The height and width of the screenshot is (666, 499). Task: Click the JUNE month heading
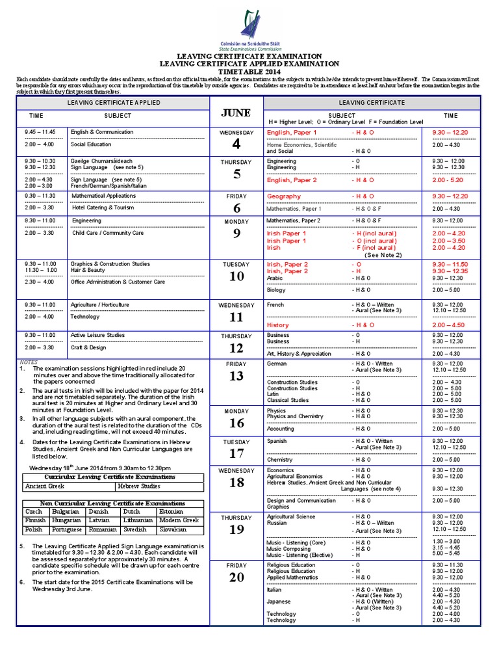tap(236, 113)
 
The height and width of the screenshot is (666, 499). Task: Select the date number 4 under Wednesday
tap(236, 144)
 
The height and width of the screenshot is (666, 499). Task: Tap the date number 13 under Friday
tap(236, 376)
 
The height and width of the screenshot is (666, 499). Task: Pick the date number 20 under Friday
tap(236, 577)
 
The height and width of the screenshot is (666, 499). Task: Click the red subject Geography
tap(284, 196)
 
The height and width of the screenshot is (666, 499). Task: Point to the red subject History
tap(278, 325)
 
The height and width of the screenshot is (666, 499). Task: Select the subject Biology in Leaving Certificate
tap(276, 290)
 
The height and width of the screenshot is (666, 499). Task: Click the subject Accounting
tap(281, 429)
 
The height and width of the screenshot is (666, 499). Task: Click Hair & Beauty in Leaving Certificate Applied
tap(88, 269)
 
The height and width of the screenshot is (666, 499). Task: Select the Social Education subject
tap(91, 144)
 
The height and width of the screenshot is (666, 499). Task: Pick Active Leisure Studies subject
tap(97, 335)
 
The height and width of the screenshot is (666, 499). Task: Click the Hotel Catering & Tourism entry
tap(103, 207)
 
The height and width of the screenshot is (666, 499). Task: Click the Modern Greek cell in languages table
tap(181, 520)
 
